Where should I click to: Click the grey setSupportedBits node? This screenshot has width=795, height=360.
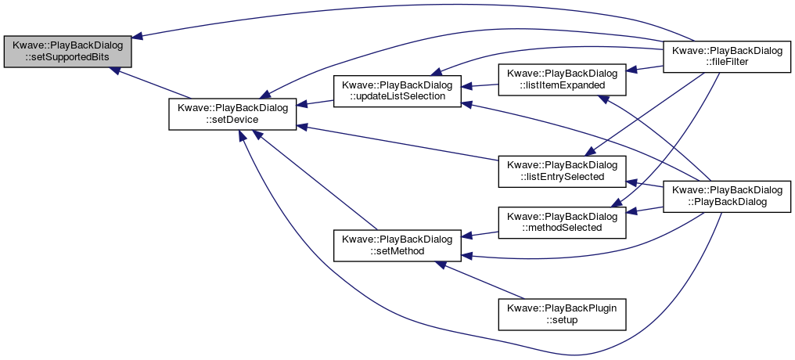pyautogui.click(x=67, y=51)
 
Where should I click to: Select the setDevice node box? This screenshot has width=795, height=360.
pyautogui.click(x=232, y=114)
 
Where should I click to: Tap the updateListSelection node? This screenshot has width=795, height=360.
pyautogui.click(x=397, y=91)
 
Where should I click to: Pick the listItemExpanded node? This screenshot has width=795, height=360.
pyautogui.click(x=562, y=79)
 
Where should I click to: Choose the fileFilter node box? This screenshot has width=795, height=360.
pyautogui.click(x=727, y=56)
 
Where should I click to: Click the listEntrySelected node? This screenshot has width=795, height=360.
pyautogui.click(x=562, y=171)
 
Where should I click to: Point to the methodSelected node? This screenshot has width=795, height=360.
pyautogui.click(x=562, y=222)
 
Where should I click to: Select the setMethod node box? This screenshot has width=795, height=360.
pyautogui.click(x=397, y=246)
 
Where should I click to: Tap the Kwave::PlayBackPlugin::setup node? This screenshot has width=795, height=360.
pyautogui.click(x=562, y=315)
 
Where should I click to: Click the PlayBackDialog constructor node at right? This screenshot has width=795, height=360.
pyautogui.click(x=727, y=196)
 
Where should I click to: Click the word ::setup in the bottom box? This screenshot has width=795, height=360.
pyautogui.click(x=562, y=320)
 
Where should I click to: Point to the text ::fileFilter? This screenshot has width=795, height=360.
pyautogui.click(x=727, y=62)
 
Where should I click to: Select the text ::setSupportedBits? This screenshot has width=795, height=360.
pyautogui.click(x=67, y=57)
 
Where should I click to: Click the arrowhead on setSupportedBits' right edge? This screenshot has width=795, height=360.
pyautogui.click(x=138, y=36)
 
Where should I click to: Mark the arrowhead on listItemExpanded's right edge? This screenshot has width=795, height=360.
pyautogui.click(x=631, y=70)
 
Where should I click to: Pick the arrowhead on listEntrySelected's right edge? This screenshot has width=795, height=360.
pyautogui.click(x=631, y=182)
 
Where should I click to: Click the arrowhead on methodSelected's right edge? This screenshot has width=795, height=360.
pyautogui.click(x=631, y=212)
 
